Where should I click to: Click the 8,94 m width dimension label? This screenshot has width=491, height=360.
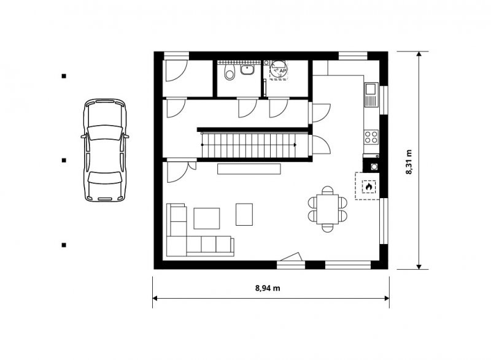(x=268, y=288)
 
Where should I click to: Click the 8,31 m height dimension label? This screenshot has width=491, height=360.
(x=409, y=162)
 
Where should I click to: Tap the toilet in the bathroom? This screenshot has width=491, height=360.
(x=230, y=73)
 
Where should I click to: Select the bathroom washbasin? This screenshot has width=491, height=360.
(x=247, y=71)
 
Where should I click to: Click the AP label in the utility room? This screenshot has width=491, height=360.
(x=282, y=71)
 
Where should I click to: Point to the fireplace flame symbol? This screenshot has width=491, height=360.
(x=369, y=186)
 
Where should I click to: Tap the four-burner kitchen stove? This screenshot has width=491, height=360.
(x=371, y=136)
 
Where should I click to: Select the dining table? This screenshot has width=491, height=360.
(x=328, y=209)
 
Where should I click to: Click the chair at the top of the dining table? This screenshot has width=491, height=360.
(x=328, y=190)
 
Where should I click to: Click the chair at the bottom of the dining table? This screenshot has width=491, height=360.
(x=328, y=228)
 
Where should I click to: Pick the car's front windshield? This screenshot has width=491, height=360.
(x=104, y=132)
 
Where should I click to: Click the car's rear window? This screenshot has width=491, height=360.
(x=104, y=177)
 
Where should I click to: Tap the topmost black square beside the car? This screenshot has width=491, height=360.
(x=64, y=76)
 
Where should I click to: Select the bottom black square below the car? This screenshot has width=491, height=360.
(x=64, y=245)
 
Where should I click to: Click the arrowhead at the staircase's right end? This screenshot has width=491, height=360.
(x=295, y=145)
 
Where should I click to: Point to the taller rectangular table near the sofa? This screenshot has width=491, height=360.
(x=244, y=214)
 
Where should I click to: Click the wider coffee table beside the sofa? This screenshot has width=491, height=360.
(x=207, y=218)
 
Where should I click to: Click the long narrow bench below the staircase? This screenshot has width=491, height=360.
(x=249, y=168)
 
